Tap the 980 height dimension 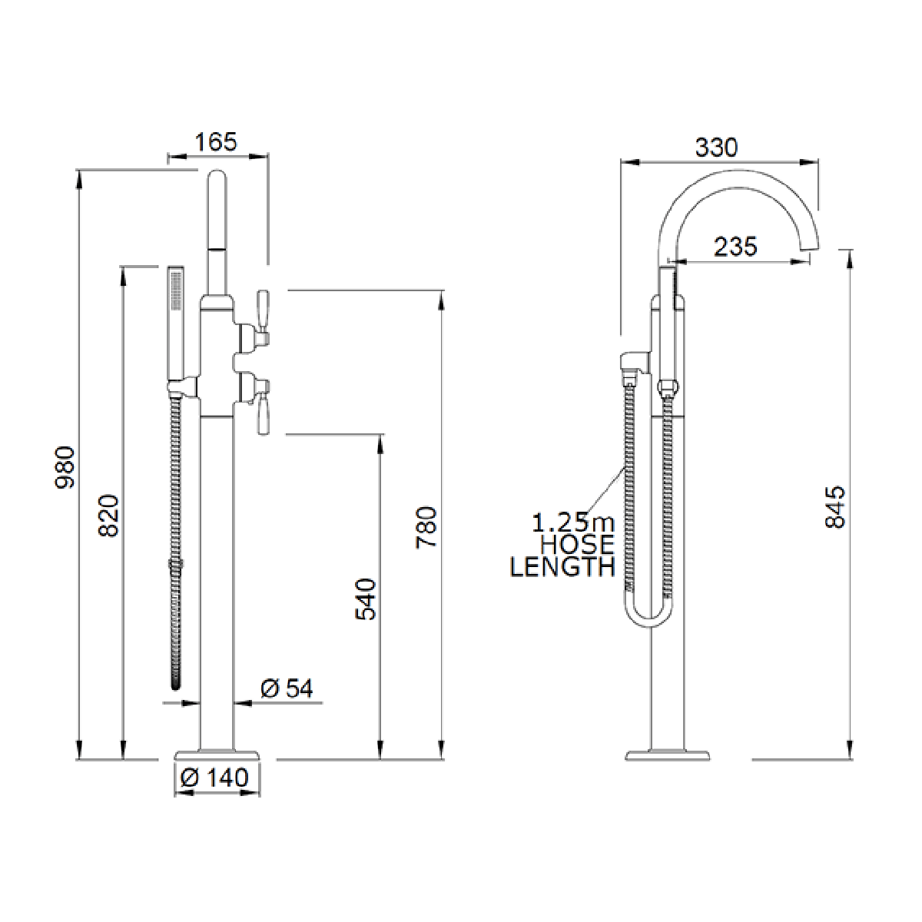tap(65, 467)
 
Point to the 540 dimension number tap(366, 599)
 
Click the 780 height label tap(426, 527)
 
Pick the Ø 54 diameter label tap(287, 689)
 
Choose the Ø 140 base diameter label tap(215, 778)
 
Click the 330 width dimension tap(716, 148)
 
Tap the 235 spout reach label tap(736, 247)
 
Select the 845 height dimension tap(835, 506)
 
